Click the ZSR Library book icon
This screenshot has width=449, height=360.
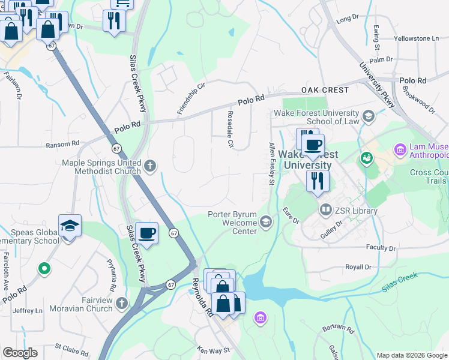click(325, 210)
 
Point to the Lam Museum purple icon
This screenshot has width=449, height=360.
click(400, 149)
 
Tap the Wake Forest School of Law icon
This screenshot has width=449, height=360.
click(369, 116)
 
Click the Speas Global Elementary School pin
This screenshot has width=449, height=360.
click(70, 226)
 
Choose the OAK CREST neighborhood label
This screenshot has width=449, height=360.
click(325, 90)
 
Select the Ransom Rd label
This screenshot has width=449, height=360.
click(62, 144)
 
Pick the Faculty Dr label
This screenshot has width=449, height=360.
click(381, 248)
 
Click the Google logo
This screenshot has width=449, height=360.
click(20, 353)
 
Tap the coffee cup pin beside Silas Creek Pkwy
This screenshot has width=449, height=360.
click(146, 233)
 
